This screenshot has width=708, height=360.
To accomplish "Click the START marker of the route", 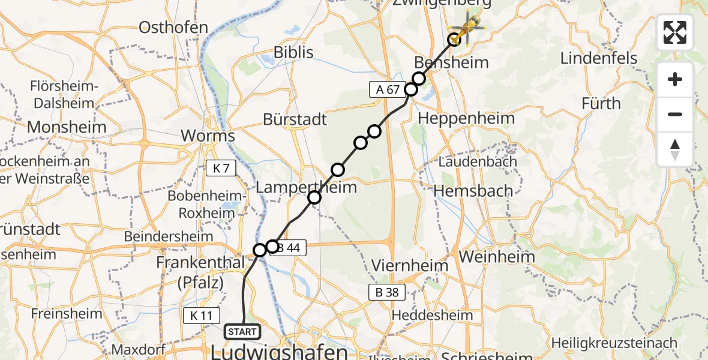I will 242,331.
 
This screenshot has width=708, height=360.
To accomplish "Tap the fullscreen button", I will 675,32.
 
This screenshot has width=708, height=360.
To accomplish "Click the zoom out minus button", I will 675,114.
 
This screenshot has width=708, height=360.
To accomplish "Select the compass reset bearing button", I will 675,149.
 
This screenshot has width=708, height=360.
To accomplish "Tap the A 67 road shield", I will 385,90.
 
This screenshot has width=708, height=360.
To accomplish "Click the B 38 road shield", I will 387,293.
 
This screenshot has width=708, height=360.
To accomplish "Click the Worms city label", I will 208,136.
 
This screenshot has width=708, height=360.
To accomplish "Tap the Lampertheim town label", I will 306,187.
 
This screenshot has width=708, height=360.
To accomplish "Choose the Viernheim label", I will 410,265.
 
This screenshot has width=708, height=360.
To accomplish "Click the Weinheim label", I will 496,257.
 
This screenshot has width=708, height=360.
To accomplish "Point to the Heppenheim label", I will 466,118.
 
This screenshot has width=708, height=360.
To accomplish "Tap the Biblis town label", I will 293,53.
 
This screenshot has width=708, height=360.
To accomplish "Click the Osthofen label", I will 173,28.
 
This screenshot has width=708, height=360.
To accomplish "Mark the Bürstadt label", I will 295,119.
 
